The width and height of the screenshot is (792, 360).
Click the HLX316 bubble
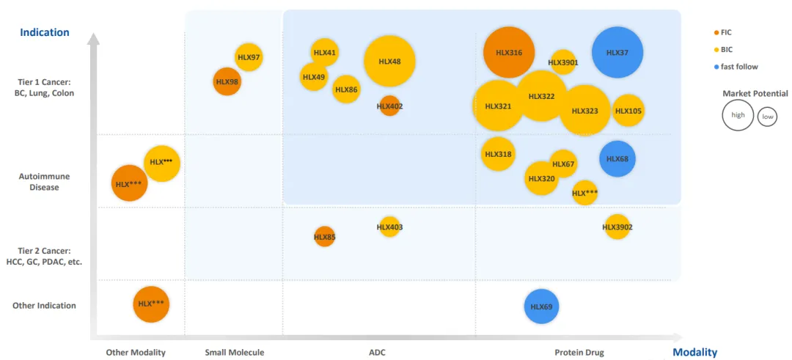click(x=509, y=53)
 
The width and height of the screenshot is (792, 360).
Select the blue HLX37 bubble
click(x=617, y=53)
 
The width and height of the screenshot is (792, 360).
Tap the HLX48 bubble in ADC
click(x=389, y=62)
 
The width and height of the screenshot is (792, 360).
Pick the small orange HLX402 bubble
click(x=389, y=106)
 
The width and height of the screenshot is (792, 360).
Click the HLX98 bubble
click(x=227, y=81)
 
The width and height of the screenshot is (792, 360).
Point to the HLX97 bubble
click(x=249, y=57)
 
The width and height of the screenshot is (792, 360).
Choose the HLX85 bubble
click(x=325, y=237)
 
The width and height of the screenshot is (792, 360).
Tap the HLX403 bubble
click(x=389, y=227)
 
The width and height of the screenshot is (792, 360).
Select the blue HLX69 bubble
click(x=541, y=306)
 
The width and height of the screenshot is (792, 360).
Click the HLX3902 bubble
click(x=617, y=227)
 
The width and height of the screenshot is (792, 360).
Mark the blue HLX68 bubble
click(x=617, y=159)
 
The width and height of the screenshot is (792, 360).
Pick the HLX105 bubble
click(x=628, y=111)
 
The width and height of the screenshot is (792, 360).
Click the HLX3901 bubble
click(x=563, y=62)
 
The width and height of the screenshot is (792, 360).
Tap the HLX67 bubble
click(x=563, y=164)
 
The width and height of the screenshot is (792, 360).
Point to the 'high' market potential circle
click(x=738, y=115)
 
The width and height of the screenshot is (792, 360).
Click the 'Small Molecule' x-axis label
click(x=235, y=353)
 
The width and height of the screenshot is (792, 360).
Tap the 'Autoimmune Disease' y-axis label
click(x=45, y=182)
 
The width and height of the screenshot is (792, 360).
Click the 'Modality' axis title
click(x=694, y=353)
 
